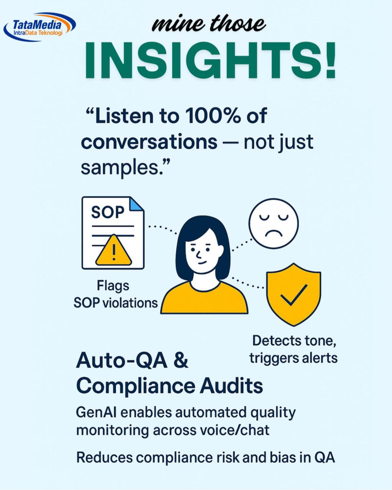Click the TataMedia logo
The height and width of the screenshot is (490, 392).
40,27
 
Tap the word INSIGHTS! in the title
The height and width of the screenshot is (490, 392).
210,61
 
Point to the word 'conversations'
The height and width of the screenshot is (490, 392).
149,142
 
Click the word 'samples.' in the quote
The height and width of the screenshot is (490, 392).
126,168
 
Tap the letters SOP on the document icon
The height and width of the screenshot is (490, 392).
108,212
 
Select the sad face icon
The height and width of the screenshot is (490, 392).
273,223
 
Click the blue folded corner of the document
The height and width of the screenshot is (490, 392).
137,204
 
